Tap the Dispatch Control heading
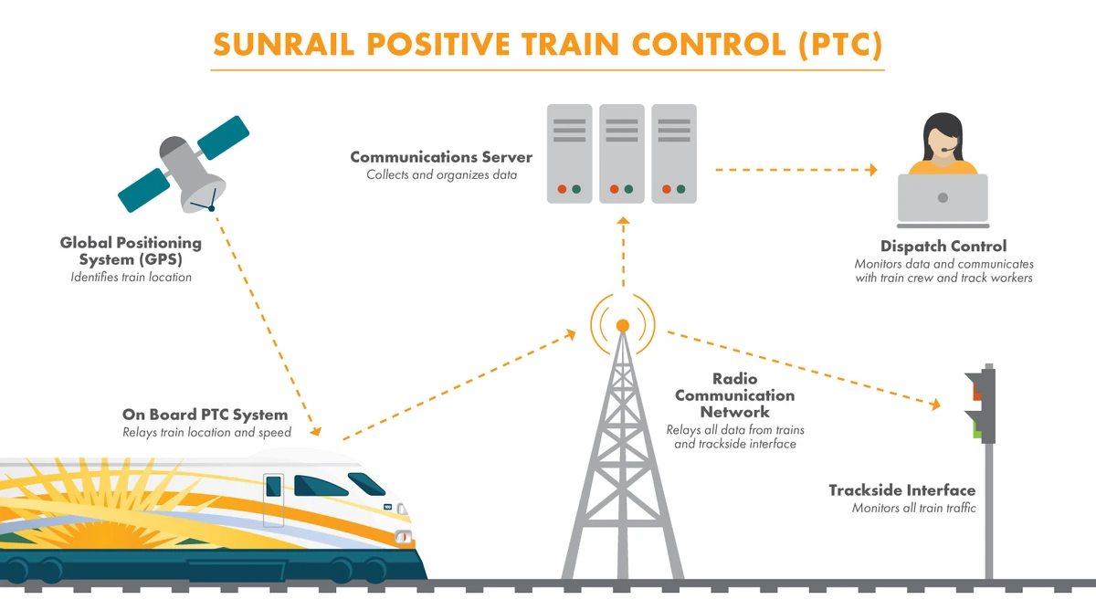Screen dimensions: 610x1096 point(943,246)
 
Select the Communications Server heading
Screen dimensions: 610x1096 point(441,157)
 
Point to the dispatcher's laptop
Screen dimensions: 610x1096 point(943,200)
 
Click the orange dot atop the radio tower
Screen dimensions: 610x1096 point(623,325)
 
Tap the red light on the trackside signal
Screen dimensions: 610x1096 point(978,390)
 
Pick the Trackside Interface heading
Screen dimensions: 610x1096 point(901,490)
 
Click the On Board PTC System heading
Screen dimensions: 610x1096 point(205,415)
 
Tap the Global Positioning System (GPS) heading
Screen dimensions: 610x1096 point(131,251)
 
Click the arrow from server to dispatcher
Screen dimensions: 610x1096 point(795,170)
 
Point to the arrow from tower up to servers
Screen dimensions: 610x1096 point(623,256)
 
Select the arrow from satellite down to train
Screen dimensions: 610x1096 point(265,320)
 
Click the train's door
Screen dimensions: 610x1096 point(273,500)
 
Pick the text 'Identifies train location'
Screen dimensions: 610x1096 point(131,277)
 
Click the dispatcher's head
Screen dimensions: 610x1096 point(942,136)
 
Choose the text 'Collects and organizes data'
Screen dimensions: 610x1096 point(441,174)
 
